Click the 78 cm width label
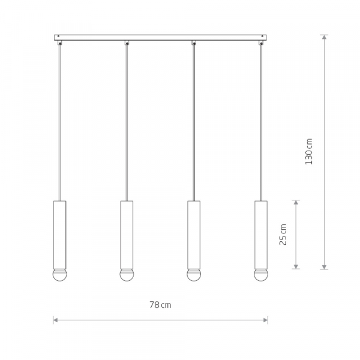(x=160, y=305)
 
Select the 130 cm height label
(x=309, y=151)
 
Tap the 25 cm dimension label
(x=283, y=235)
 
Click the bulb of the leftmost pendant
(x=59, y=275)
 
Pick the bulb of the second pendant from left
(x=127, y=275)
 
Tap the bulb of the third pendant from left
(x=194, y=275)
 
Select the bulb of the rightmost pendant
(x=261, y=275)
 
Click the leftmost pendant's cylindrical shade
(x=59, y=235)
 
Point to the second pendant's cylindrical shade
(x=127, y=235)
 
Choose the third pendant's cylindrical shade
(x=194, y=235)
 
